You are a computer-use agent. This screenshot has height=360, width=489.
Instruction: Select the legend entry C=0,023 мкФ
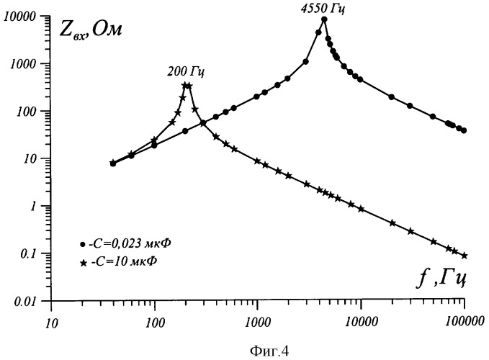point(125,243)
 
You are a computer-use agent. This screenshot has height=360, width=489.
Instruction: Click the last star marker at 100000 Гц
point(465,256)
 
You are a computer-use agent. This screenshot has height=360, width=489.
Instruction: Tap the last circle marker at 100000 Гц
point(465,130)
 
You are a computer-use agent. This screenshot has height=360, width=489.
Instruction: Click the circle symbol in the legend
point(84,244)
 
